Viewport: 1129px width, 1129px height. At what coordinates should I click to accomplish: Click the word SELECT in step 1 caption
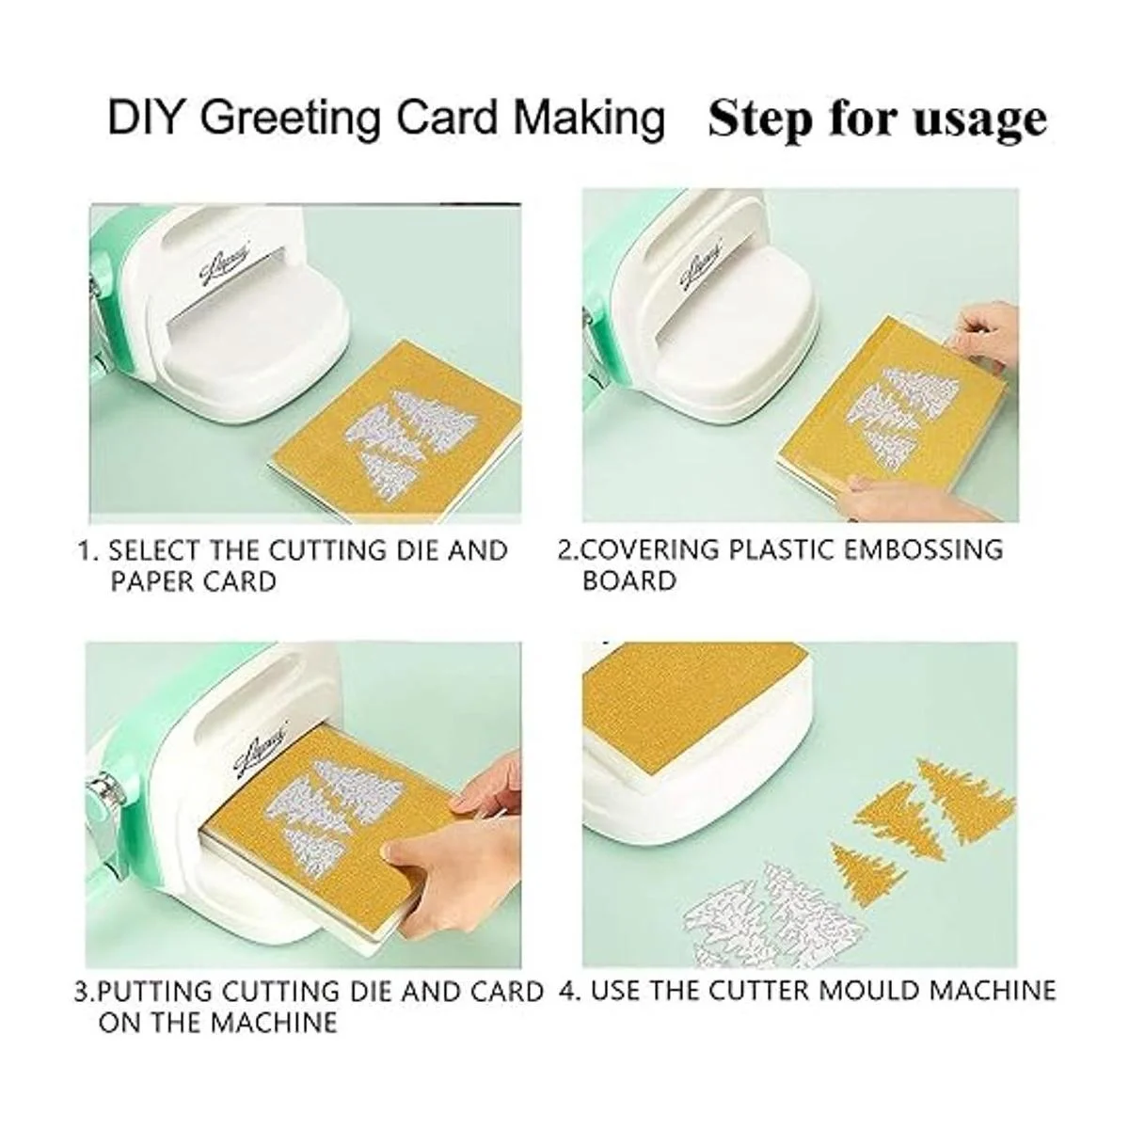pyautogui.click(x=154, y=550)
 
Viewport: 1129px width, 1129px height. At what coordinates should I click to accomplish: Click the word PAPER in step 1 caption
pyautogui.click(x=150, y=582)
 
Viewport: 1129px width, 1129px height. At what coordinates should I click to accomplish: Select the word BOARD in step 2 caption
pyautogui.click(x=629, y=581)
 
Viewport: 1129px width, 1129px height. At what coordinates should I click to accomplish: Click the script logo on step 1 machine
pyautogui.click(x=226, y=266)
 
